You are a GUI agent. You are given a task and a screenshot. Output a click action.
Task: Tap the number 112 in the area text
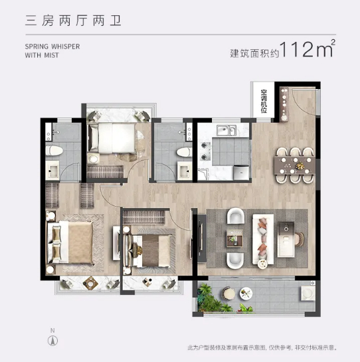point(298,50)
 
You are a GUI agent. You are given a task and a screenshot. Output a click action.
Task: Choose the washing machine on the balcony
point(307,293)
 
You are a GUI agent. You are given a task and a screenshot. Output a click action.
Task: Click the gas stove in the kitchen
point(206,154)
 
